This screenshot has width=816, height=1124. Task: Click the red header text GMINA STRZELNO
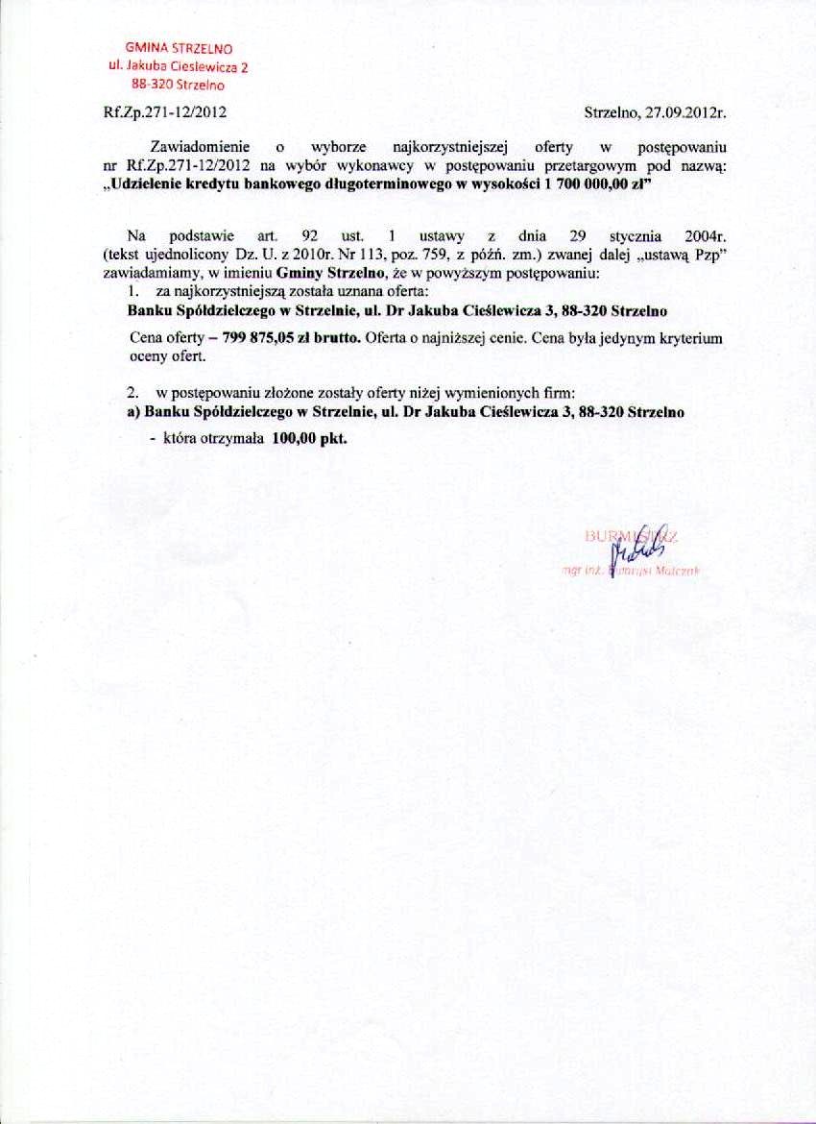pos(182,48)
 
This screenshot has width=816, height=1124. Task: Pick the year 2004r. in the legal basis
pos(702,235)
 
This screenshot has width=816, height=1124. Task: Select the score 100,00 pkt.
pos(309,437)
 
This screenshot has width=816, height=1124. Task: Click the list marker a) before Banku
pos(134,412)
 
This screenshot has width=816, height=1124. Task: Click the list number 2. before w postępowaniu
pos(134,394)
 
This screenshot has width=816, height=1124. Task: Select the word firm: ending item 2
pos(559,394)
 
